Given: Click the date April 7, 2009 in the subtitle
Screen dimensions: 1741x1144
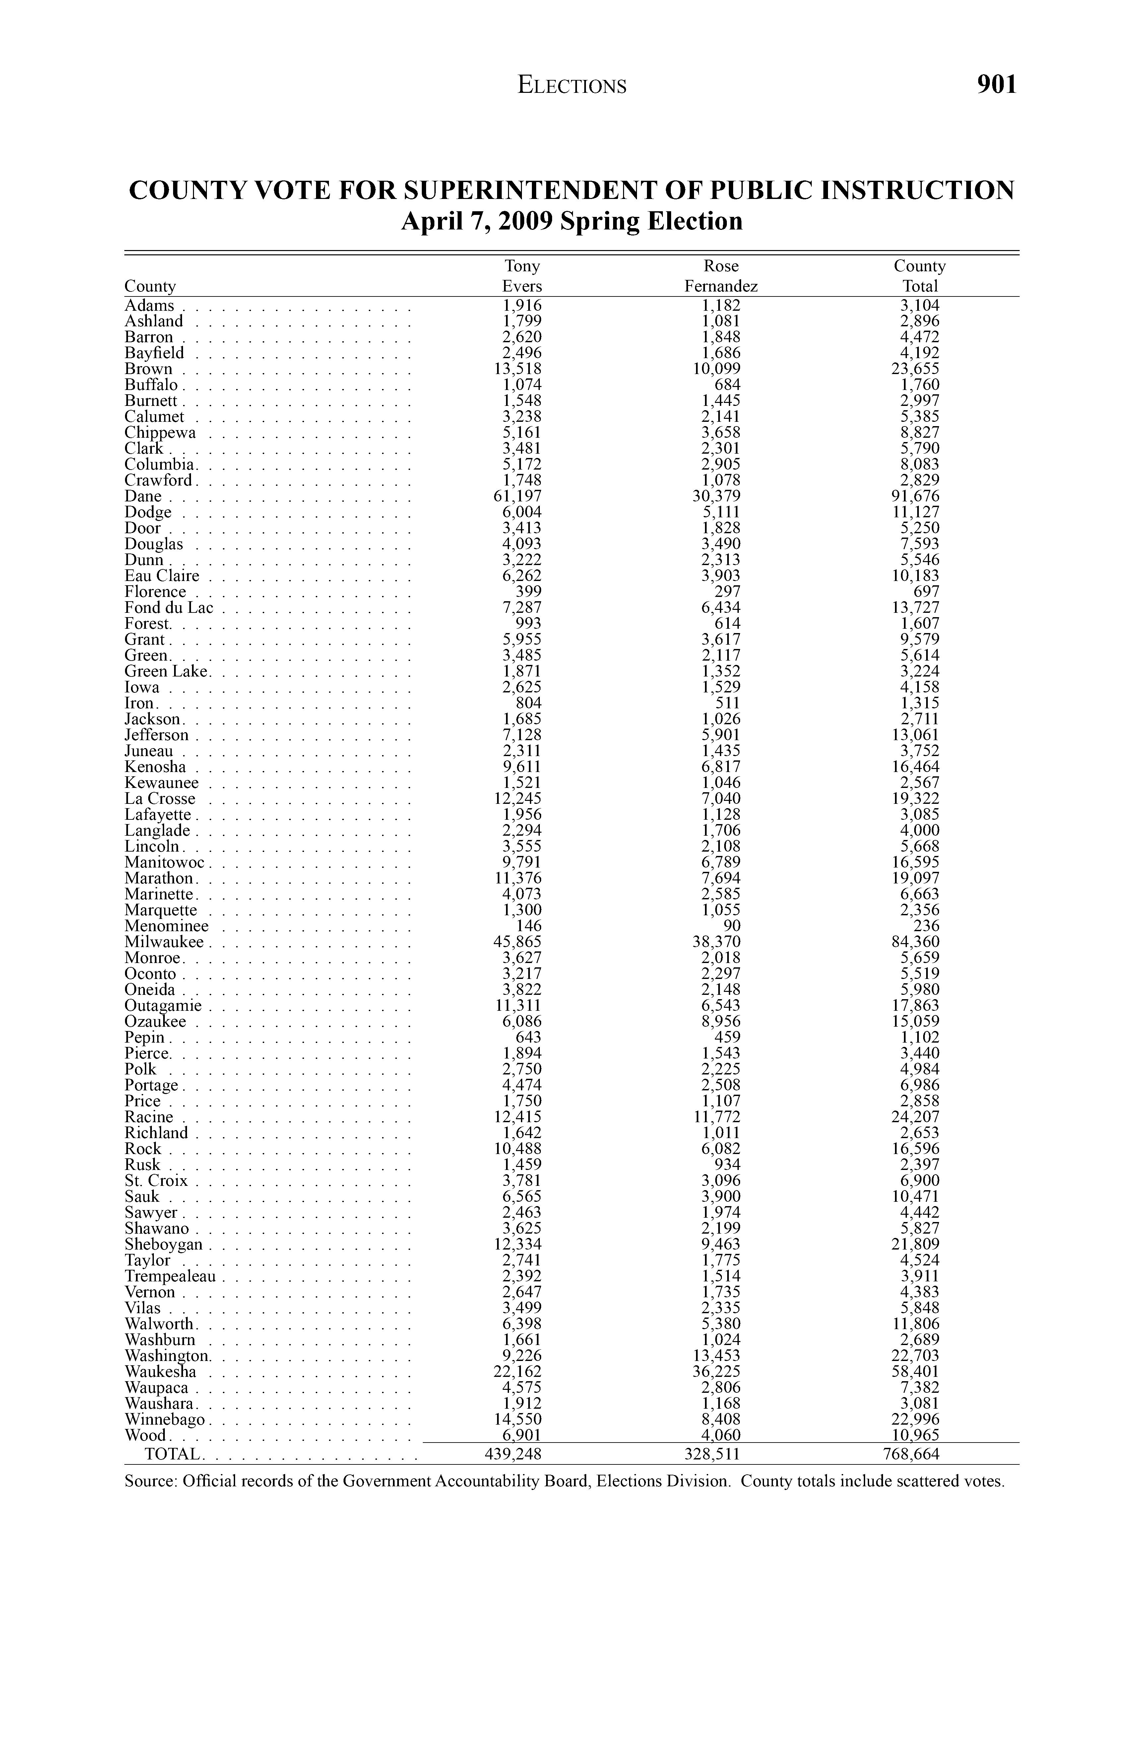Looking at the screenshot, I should coord(477,221).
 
